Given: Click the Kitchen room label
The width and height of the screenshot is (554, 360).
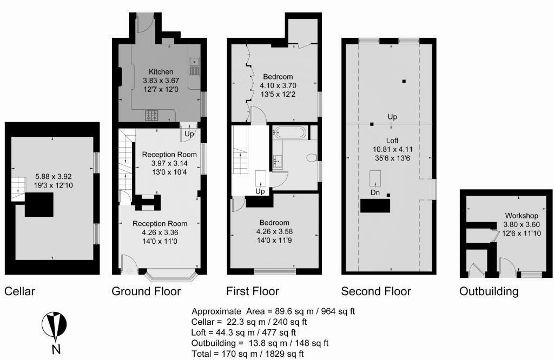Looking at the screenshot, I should pos(161,72).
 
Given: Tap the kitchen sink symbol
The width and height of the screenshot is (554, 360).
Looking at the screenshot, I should pos(195,66).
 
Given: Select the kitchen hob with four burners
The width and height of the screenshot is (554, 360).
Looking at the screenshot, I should pos(151,115).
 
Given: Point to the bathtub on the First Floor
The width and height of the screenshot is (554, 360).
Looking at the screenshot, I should pos(289,132).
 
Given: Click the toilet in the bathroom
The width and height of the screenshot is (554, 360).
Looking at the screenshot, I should pos(311,158).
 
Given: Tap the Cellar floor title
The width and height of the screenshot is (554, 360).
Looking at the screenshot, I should pos(19,292).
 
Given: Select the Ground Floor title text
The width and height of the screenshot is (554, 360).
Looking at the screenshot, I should pos(146,292).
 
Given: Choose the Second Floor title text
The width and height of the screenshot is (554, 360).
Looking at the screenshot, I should pos(376,292).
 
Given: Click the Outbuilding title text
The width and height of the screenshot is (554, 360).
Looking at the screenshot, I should pos(489,292).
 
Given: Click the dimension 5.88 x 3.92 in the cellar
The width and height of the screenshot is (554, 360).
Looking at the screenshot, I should pos(54,177).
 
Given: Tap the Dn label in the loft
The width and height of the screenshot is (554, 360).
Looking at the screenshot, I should pos(374,192).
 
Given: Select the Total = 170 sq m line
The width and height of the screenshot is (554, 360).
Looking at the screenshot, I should pos(248,354).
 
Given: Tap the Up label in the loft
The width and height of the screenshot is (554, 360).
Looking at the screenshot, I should pos(393,117).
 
